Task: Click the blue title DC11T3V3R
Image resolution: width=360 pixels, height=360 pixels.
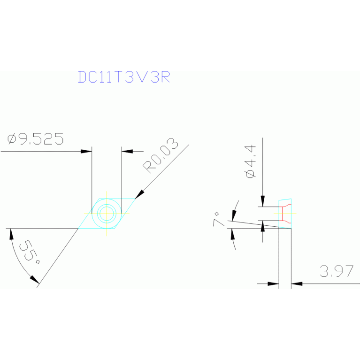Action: (123, 77)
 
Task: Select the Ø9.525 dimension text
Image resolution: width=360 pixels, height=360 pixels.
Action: (36, 139)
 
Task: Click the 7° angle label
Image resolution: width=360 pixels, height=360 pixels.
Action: (219, 219)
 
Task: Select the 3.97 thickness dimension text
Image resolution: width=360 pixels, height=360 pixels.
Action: (337, 271)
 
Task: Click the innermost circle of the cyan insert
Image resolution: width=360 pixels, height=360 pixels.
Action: (107, 213)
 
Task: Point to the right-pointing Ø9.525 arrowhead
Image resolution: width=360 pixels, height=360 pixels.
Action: (86, 151)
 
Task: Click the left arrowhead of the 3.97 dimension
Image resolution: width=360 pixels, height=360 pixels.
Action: (274, 283)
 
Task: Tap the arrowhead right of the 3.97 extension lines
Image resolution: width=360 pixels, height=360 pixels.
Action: (296, 283)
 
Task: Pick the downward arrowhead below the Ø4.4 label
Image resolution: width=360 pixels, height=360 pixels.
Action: (263, 201)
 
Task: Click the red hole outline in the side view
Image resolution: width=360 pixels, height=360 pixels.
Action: (283, 214)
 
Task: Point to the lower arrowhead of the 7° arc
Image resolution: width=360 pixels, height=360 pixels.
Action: (233, 234)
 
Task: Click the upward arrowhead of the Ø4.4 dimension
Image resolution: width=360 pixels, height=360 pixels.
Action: (263, 226)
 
